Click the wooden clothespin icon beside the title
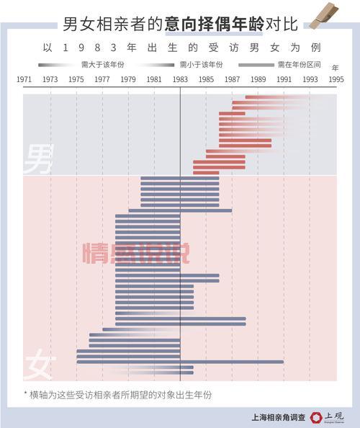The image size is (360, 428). [321, 21]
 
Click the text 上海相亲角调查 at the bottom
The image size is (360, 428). [278, 416]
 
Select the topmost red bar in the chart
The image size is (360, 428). [277, 97]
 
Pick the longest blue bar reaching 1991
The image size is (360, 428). [180, 362]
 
